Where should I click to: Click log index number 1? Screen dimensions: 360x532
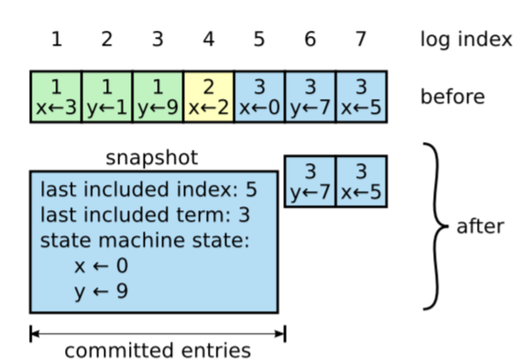click(x=56, y=39)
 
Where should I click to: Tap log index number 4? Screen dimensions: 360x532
click(x=209, y=39)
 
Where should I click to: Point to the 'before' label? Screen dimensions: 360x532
click(x=452, y=96)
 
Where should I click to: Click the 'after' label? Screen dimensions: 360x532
click(x=480, y=227)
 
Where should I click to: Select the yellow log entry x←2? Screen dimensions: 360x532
click(x=209, y=96)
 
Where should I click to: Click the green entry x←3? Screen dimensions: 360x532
click(x=56, y=96)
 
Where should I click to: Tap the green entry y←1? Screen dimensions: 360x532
click(x=107, y=96)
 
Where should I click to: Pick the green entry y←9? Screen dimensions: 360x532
click(x=158, y=96)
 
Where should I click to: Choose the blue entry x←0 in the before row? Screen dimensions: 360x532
click(x=259, y=96)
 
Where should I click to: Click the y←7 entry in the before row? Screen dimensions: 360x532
click(x=310, y=96)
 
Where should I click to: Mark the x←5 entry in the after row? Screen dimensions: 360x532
click(x=361, y=181)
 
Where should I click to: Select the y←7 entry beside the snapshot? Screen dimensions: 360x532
click(x=310, y=181)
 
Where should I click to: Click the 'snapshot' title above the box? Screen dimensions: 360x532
click(x=153, y=159)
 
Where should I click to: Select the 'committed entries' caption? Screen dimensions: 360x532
click(x=158, y=350)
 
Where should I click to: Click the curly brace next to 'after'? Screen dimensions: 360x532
click(x=435, y=227)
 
